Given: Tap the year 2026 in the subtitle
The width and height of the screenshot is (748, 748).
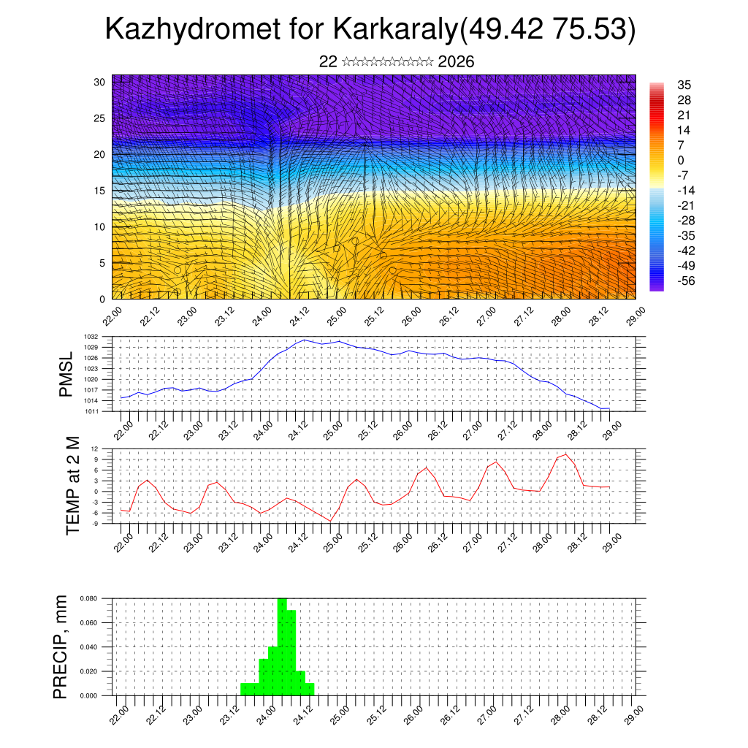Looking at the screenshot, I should click(456, 62).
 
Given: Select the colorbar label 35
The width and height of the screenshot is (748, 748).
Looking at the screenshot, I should click(684, 85).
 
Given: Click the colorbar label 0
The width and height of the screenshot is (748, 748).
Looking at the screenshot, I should click(681, 160).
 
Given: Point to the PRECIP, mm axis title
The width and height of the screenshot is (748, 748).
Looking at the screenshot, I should click(61, 647).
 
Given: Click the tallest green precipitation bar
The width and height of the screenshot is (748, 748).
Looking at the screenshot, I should click(282, 646).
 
